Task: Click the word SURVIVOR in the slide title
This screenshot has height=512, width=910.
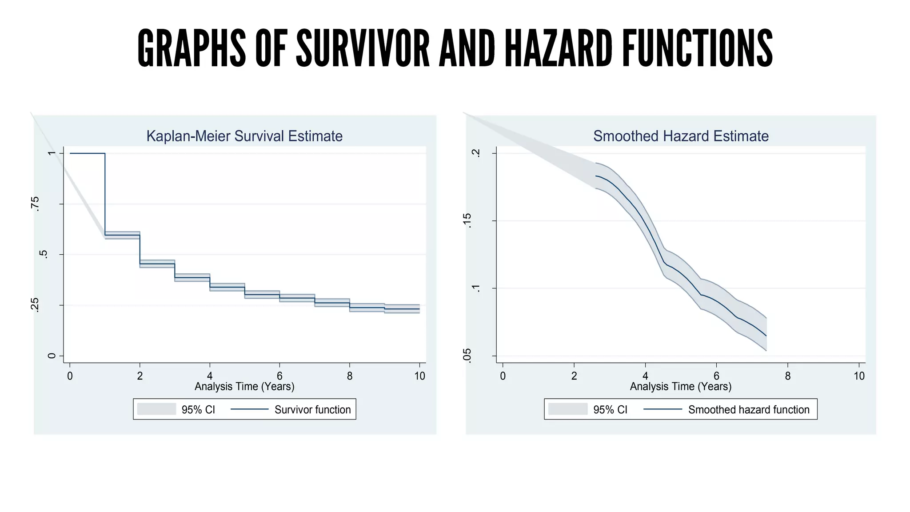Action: (363, 48)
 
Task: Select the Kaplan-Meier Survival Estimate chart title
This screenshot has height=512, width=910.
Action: (244, 136)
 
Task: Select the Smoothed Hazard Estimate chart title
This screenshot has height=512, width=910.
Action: (681, 136)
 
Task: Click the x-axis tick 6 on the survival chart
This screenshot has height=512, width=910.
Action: (279, 376)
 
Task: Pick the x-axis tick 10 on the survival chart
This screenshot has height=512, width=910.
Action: (419, 376)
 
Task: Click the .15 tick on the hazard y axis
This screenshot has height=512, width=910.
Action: (467, 220)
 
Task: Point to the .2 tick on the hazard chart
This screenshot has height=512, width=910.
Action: (476, 153)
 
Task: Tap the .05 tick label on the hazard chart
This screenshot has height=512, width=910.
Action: (467, 356)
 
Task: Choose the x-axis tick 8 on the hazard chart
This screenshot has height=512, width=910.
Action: (788, 376)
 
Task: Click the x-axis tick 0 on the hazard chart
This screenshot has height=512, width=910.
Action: (503, 376)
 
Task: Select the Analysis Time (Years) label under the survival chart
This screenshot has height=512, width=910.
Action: (244, 386)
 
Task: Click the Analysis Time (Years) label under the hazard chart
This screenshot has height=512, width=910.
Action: (681, 386)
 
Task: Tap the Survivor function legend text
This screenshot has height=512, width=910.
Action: (312, 409)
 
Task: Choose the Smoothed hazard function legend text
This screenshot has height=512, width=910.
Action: (749, 409)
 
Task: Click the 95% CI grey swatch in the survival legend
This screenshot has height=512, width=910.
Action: (156, 409)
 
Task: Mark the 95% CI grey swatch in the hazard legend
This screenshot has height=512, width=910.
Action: (568, 409)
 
